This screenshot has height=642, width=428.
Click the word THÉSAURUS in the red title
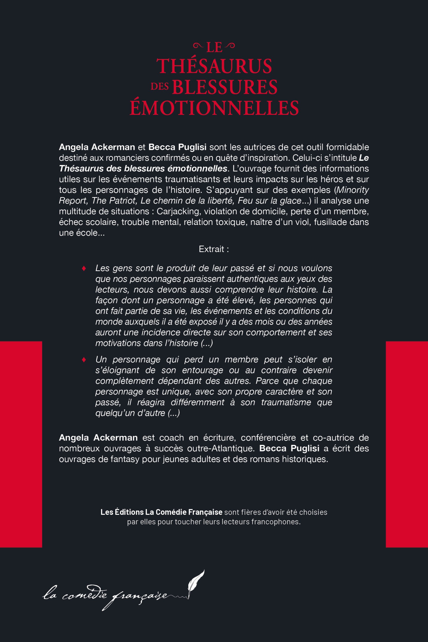(214, 66)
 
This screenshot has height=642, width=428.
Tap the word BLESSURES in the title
(225, 87)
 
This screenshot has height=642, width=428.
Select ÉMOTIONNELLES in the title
(214, 108)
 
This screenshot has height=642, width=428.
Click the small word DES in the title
(160, 87)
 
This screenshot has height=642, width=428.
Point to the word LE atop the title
(214, 48)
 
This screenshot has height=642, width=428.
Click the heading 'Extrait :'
(214, 249)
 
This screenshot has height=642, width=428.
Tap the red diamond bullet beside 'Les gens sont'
(84, 268)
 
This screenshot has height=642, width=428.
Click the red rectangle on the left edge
(21, 444)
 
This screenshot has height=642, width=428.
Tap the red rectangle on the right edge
(407, 444)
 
